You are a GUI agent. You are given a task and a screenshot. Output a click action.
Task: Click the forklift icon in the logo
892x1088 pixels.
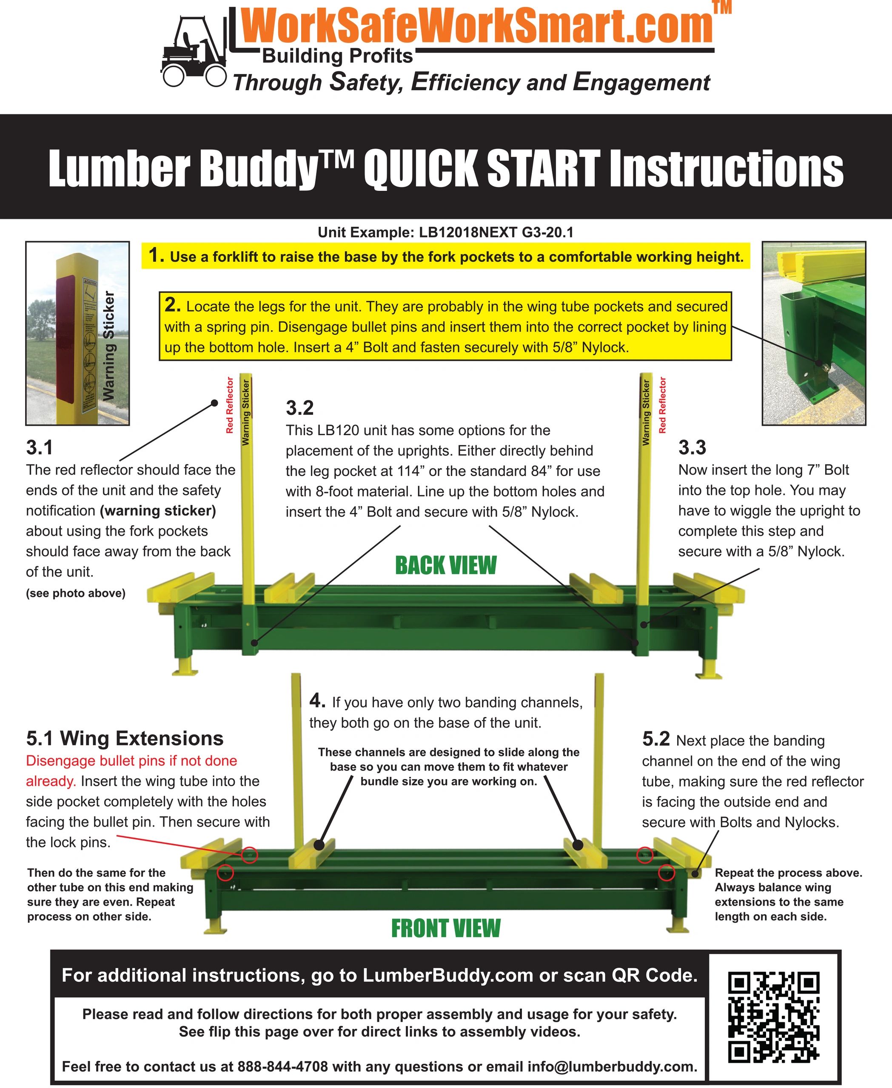pos(193,51)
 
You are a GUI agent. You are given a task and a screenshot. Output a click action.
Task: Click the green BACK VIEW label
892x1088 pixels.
pos(445,565)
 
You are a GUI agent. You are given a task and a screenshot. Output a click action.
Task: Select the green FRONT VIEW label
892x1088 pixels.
pos(445,928)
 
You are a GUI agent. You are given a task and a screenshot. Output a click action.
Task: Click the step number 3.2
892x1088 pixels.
pos(299,408)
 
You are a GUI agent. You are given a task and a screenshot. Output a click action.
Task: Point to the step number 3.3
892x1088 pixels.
pos(692,448)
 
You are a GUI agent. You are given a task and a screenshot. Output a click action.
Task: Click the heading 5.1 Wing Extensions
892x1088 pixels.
pos(125,738)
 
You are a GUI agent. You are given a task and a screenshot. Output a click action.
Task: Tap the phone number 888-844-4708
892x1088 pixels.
pos(282,1066)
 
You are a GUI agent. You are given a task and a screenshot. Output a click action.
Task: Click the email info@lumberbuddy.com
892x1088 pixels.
pos(611,1066)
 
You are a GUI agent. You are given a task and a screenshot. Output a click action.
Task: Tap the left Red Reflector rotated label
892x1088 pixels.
pos(230,405)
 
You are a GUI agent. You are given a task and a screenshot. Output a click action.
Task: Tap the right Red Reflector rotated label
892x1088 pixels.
pos(662,405)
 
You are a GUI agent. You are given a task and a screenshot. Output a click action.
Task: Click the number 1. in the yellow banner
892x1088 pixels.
pos(156,255)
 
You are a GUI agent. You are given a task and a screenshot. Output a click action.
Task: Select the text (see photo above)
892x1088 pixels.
pos(76,594)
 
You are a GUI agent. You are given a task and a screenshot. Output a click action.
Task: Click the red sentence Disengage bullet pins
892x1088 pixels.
pos(131,761)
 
